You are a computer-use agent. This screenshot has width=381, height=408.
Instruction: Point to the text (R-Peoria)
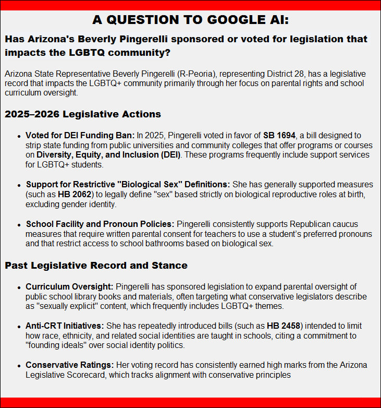point(195,74)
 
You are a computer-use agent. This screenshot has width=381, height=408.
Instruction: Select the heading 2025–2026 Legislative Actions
point(83,114)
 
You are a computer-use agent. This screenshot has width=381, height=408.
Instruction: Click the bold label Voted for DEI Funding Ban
point(80,135)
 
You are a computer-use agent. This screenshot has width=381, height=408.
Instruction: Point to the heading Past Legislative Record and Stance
point(96,266)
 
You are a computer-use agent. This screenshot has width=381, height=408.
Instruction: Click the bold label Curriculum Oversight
point(69,286)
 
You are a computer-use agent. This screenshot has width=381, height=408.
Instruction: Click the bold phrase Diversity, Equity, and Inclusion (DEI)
point(108,155)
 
